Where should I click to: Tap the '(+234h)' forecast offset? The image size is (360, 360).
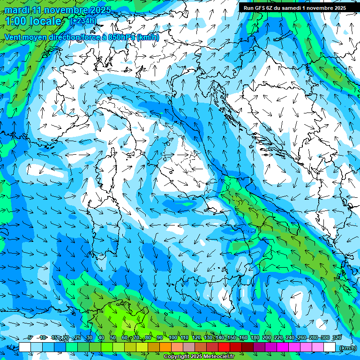(83, 21)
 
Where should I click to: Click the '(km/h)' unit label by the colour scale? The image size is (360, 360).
(347, 347)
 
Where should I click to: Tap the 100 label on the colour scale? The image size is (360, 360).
(173, 337)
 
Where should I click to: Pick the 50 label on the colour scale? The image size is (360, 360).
(113, 337)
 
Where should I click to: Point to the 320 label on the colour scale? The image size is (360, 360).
(336, 337)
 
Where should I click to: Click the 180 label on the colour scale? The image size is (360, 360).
(255, 337)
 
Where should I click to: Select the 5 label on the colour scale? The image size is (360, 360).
(30, 337)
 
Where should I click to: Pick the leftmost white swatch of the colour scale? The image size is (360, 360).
(25, 347)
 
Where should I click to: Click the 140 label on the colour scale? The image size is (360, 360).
(220, 337)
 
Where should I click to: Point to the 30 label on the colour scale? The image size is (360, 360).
(89, 337)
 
